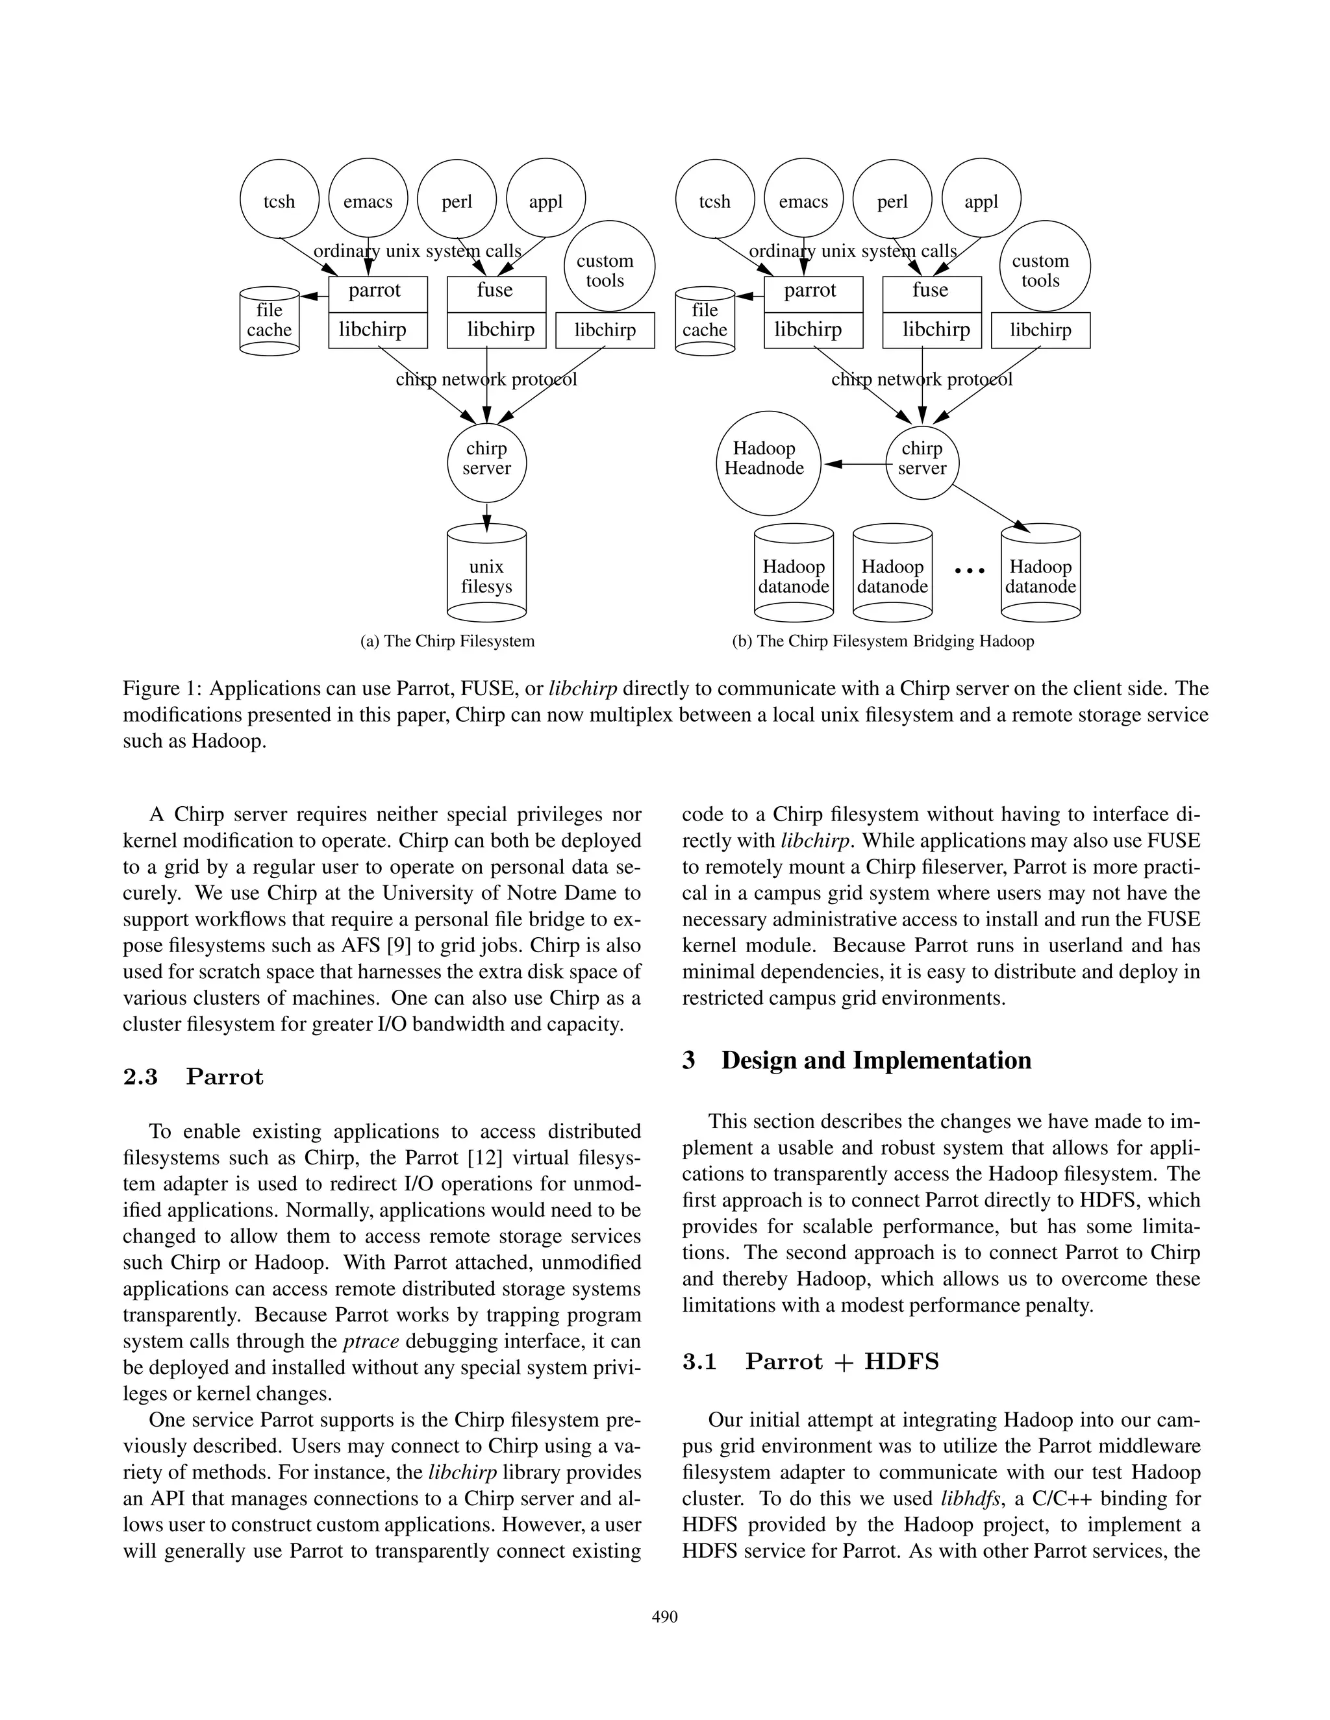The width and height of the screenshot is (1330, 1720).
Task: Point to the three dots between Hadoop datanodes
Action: point(969,570)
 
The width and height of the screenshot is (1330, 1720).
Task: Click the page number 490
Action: point(664,1616)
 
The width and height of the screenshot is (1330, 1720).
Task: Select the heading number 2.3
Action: point(140,1077)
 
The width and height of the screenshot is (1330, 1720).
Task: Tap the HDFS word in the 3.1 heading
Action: point(901,1361)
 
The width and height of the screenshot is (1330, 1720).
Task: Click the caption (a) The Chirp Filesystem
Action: point(447,641)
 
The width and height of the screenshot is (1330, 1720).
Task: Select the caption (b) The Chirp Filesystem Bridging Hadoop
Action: point(883,641)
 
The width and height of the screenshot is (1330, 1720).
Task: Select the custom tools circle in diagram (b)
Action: point(1044,266)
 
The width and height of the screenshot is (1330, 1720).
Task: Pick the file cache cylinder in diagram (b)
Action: point(705,321)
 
